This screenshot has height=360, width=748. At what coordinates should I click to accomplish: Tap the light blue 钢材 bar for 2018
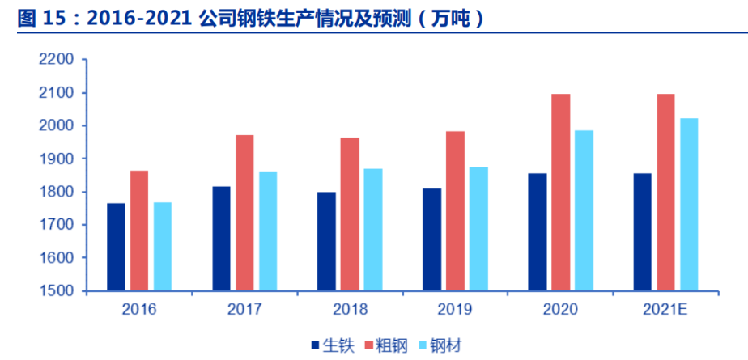[372, 230]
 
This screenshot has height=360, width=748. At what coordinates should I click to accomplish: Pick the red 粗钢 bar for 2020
[560, 192]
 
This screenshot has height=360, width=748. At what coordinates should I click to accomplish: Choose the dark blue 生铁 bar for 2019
[431, 239]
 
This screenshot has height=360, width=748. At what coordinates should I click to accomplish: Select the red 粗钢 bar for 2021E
[665, 192]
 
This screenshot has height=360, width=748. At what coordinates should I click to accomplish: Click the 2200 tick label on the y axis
[57, 60]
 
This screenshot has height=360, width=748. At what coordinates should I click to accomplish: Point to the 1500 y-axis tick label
[57, 290]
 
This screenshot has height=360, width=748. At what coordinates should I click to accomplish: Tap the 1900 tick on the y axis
[57, 159]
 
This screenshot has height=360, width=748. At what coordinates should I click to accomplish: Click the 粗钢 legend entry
[389, 345]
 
